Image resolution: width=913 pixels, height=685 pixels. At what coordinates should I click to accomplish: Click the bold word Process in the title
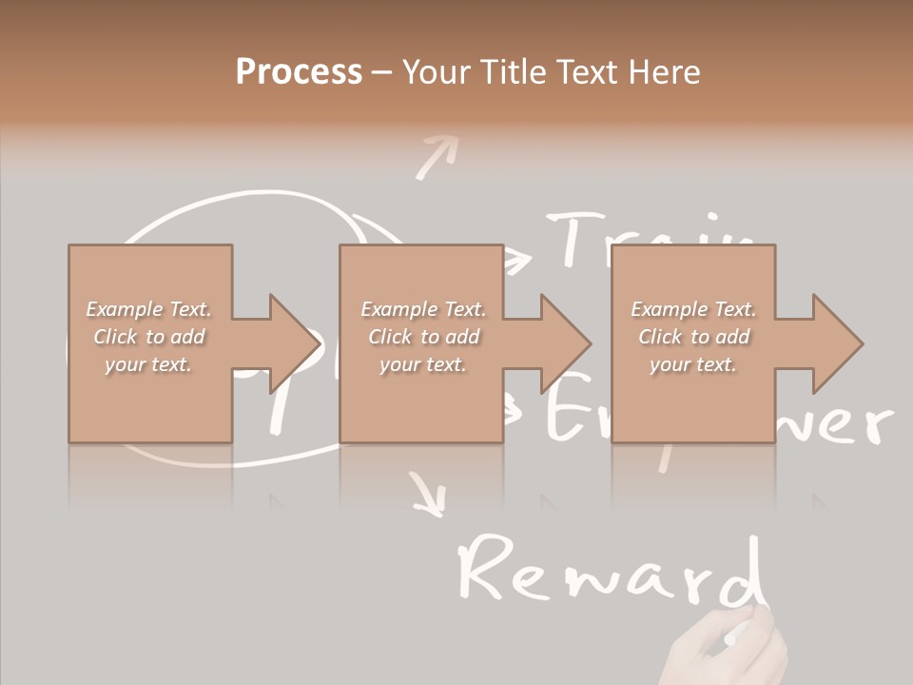pyautogui.click(x=299, y=72)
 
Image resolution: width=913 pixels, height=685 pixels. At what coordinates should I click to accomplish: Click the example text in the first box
pyautogui.click(x=149, y=337)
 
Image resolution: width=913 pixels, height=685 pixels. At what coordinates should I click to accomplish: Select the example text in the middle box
pyautogui.click(x=423, y=337)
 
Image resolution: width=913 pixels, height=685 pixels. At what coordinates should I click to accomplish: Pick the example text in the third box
pyautogui.click(x=693, y=337)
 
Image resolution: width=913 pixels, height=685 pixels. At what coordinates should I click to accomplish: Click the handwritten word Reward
pyautogui.click(x=609, y=571)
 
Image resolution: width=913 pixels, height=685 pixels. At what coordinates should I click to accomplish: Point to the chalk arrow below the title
pyautogui.click(x=437, y=156)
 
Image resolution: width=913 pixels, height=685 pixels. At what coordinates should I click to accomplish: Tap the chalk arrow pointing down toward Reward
pyautogui.click(x=429, y=495)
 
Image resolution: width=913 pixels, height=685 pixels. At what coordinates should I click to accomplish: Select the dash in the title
pyautogui.click(x=382, y=72)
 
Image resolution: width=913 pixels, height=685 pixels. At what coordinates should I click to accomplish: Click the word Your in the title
pyautogui.click(x=437, y=72)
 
